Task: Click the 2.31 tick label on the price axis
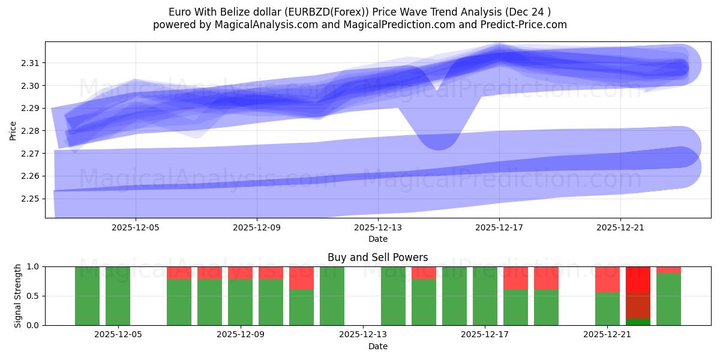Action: click(x=31, y=63)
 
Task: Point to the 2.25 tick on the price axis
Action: click(x=31, y=199)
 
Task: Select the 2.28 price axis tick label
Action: click(x=31, y=131)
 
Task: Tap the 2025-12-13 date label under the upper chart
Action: click(x=378, y=228)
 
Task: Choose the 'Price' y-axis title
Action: click(x=13, y=130)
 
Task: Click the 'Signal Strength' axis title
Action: click(x=18, y=296)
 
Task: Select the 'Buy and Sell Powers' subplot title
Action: click(x=377, y=257)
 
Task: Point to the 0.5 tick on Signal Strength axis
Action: click(x=34, y=296)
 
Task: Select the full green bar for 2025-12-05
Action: click(x=118, y=296)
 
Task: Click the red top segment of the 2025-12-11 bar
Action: click(x=301, y=278)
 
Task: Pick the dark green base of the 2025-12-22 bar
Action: click(x=638, y=322)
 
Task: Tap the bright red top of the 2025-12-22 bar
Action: click(x=638, y=279)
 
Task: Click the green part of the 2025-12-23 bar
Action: click(x=668, y=299)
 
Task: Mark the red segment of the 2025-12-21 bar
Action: click(x=607, y=279)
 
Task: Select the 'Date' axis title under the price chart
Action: click(x=377, y=239)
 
